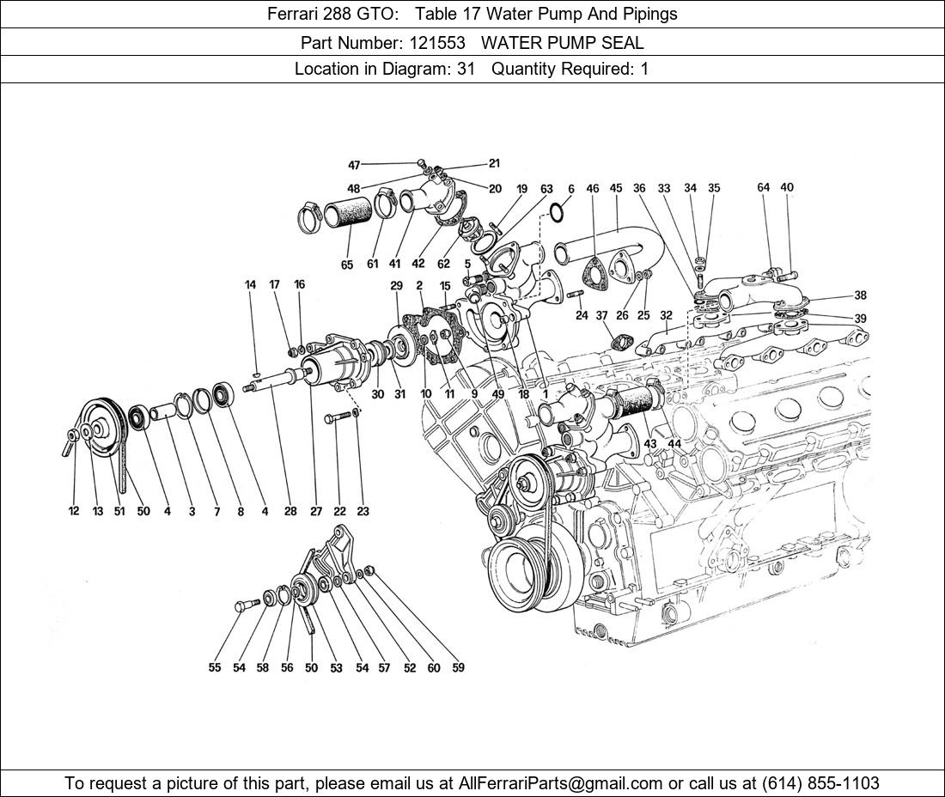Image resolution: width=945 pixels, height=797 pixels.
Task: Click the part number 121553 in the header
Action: point(452,42)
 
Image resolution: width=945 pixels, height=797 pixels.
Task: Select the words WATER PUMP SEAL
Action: point(563,42)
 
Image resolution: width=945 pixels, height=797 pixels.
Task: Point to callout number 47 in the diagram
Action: point(354,165)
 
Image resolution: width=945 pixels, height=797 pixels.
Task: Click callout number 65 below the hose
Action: point(346,265)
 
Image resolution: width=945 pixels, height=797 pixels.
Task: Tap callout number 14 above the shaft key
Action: point(251,284)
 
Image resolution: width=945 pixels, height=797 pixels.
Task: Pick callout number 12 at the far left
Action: point(73,511)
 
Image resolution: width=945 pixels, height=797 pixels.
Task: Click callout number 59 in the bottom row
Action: point(458,667)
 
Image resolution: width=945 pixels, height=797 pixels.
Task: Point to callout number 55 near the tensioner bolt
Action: point(214,667)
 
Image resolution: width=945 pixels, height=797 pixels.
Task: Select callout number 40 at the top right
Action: point(787,187)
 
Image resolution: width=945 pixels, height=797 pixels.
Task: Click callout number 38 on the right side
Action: point(860,295)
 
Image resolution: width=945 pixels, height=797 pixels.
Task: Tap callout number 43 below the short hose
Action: point(650,443)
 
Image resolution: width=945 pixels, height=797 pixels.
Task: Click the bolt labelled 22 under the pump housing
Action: point(340,418)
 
